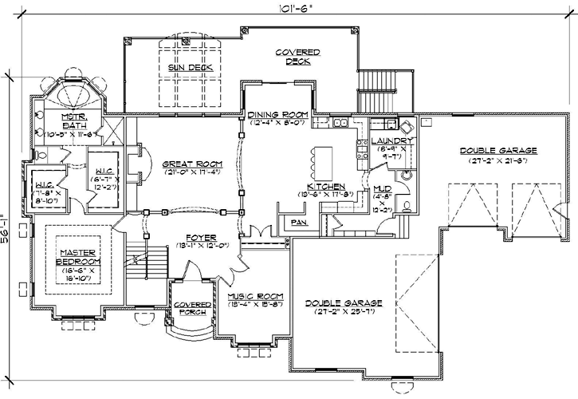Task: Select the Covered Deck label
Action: point(297,55)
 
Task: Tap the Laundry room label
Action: point(390,141)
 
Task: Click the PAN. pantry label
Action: point(299,222)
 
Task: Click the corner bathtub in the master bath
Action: point(76,96)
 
